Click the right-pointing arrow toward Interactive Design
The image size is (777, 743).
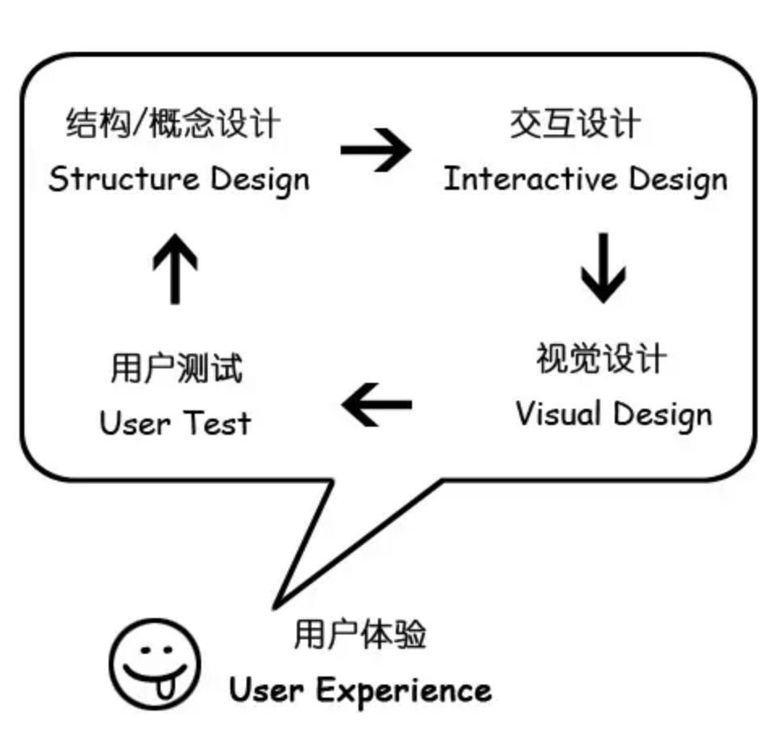point(376,150)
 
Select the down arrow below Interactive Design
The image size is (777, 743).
point(603,268)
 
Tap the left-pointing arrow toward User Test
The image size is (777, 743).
point(377,403)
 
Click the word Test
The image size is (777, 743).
point(217,423)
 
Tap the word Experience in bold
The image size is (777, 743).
point(403,691)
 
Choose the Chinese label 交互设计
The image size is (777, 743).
point(574,125)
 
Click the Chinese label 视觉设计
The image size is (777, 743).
point(601,359)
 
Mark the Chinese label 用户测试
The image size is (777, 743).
point(176,369)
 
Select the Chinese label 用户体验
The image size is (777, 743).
point(359,633)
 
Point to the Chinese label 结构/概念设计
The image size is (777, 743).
point(173,125)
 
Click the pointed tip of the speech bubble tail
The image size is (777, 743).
point(276,605)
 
